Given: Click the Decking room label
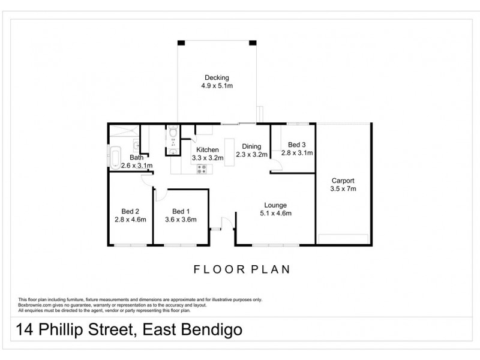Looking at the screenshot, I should [217, 77].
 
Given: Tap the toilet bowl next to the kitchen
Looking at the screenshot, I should [173, 133].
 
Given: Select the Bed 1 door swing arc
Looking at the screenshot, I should [161, 194].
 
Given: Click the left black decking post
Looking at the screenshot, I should [181, 43].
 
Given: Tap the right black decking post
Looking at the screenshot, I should [253, 43].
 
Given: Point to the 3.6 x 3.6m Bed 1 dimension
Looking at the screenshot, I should [181, 219].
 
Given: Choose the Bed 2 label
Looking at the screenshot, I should [130, 211].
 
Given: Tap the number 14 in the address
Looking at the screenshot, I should [26, 330].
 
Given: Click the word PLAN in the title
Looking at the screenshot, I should [270, 269].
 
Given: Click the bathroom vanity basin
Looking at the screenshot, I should [136, 144].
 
